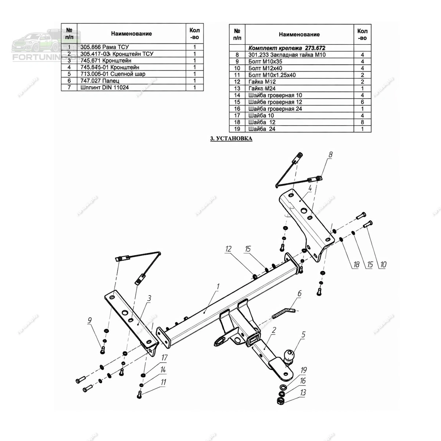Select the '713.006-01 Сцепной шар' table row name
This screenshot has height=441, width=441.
(113, 74)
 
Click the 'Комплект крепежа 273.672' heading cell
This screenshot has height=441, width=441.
(287, 48)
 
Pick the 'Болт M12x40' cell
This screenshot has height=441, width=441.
(265, 68)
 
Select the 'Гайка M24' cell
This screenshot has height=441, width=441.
(262, 89)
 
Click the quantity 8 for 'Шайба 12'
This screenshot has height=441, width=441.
(362, 122)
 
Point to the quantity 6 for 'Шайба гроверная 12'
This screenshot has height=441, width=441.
(362, 102)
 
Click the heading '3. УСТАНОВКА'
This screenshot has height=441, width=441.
(231, 139)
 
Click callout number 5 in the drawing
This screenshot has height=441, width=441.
(303, 335)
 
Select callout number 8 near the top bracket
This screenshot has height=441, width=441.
(330, 155)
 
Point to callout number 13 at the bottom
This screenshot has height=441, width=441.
(303, 392)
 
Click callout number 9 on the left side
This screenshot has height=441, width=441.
(89, 321)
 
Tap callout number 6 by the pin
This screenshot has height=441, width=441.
(300, 293)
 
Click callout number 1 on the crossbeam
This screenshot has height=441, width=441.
(218, 286)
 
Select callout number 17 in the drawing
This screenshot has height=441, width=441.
(164, 358)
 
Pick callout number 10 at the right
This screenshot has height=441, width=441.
(383, 264)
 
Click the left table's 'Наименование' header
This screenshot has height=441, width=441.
(131, 34)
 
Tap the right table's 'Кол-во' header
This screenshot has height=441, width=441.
(362, 35)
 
